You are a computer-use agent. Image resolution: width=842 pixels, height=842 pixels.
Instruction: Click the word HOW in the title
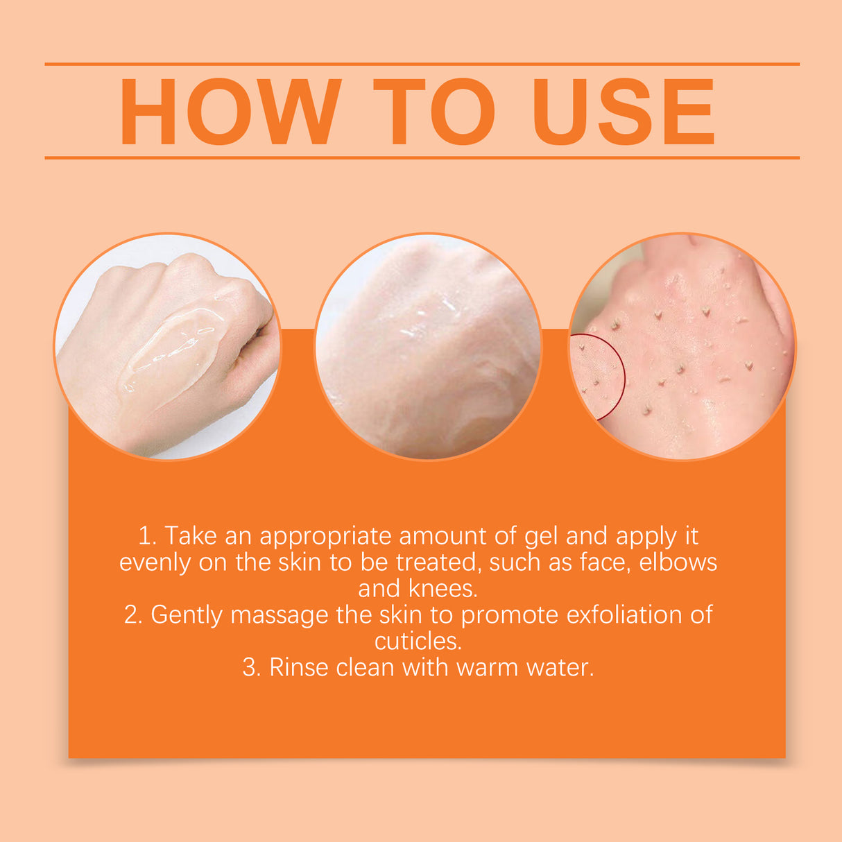coord(230,112)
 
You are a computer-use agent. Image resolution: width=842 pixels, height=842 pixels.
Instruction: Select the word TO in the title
coord(433,112)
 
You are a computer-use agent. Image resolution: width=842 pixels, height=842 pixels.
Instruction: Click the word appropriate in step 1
coord(325,537)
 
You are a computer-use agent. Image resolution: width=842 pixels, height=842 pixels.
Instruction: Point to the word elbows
coord(678,562)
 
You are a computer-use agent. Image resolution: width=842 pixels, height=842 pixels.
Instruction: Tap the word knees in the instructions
coord(443,588)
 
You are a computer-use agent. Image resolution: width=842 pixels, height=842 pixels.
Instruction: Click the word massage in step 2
coord(279,615)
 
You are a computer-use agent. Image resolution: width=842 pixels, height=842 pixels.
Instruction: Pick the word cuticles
coord(418,641)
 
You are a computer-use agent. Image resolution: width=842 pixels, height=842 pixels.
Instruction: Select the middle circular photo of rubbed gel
coord(428,347)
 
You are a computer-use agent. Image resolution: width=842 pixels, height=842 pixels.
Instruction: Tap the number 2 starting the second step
coord(132,615)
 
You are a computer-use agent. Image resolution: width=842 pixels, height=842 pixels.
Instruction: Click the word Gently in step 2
coord(187,615)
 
